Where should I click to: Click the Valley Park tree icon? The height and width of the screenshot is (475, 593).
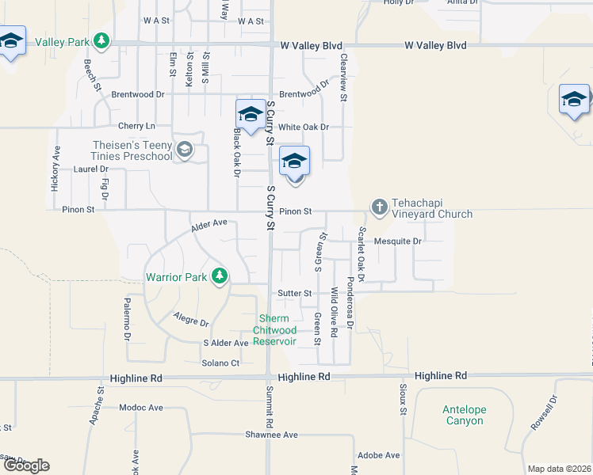click(101, 40)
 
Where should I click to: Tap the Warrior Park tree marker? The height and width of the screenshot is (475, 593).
click(220, 276)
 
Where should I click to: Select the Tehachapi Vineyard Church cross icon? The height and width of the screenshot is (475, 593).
click(379, 207)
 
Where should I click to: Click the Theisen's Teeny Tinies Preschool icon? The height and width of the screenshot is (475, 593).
click(185, 150)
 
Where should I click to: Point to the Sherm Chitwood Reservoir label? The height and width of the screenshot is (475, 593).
click(274, 330)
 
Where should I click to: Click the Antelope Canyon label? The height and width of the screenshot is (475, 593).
click(464, 415)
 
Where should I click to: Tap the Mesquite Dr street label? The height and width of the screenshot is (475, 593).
click(398, 241)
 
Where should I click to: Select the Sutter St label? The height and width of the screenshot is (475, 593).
click(294, 293)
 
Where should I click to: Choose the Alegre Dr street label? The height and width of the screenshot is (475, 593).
click(191, 321)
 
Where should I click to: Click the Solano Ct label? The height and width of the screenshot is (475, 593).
click(221, 363)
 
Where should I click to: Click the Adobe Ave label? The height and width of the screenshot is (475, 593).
click(378, 455)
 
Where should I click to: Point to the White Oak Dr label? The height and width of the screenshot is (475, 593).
click(303, 127)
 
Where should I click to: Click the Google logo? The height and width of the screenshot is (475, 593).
click(25, 465)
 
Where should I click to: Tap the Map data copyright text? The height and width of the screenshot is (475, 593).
click(559, 469)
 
